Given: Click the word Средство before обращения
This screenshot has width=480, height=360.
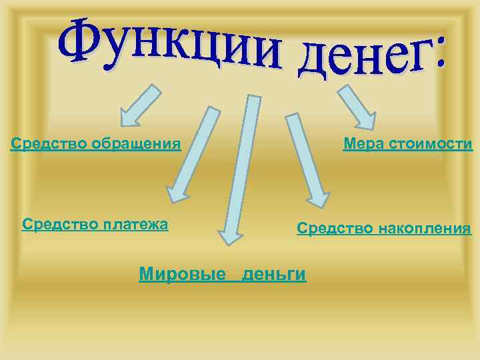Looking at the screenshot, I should point(49,143).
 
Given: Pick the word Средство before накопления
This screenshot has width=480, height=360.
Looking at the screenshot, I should point(335,229).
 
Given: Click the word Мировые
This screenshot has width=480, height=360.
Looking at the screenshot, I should point(182,273).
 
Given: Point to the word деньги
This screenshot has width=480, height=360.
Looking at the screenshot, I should point(274,273).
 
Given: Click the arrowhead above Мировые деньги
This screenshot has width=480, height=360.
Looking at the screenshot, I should point(229,237).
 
